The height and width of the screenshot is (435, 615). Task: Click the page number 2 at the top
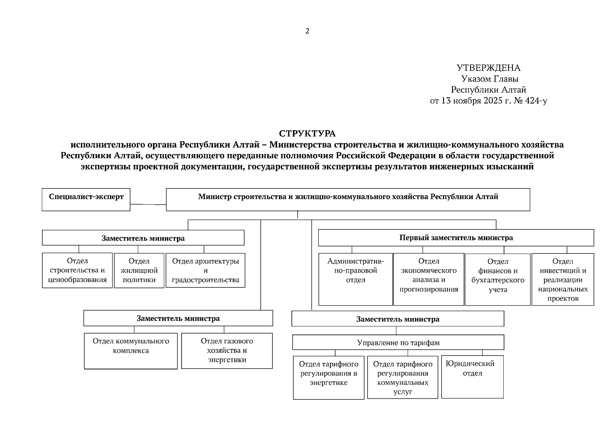coord(307,31)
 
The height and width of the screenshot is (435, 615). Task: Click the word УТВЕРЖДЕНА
coord(488,68)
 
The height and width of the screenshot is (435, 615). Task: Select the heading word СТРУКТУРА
coord(307,134)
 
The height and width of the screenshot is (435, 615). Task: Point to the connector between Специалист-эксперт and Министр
coord(148,204)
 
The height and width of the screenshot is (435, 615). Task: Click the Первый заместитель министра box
coord(456,238)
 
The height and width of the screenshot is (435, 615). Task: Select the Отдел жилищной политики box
coord(139,270)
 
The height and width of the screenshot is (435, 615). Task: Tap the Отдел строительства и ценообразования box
coord(77,270)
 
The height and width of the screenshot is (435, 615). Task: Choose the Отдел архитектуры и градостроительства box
coord(205,270)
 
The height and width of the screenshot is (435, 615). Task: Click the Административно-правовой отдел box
coord(355,279)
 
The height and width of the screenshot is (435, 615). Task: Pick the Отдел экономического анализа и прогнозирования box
coord(428,279)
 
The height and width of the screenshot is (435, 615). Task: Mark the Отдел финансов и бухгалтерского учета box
coord(498,279)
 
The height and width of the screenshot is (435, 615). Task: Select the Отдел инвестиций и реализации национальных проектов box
coord(562,279)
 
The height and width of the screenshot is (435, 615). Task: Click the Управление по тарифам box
coord(398,342)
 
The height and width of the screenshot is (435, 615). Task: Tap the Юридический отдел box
coord(472,377)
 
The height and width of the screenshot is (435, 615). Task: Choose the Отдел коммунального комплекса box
coord(131,351)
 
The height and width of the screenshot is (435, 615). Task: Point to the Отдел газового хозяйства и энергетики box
coord(227,351)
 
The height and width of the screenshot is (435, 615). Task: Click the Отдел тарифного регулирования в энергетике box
coord(329,377)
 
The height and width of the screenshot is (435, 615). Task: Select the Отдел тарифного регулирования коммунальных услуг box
coord(402,377)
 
